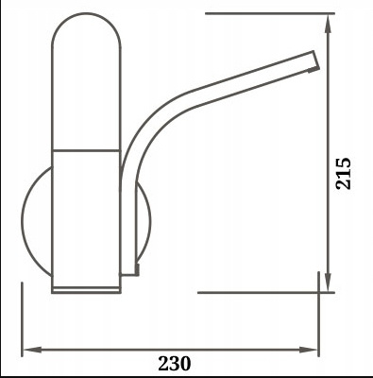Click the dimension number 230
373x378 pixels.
[175, 361]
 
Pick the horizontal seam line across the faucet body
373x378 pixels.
[85, 150]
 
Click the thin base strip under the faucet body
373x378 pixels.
[85, 287]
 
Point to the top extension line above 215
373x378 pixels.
[264, 14]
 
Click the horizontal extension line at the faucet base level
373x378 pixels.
[255, 293]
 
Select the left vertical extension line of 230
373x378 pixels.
[20, 321]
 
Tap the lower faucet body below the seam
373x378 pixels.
[85, 217]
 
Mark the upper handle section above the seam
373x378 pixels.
[85, 94]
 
